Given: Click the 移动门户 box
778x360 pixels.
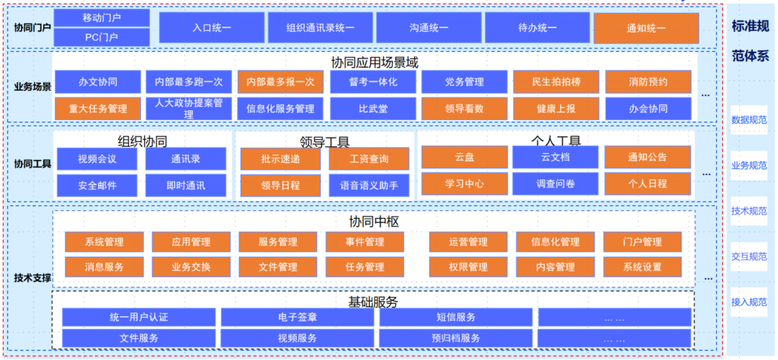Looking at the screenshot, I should click(x=102, y=17).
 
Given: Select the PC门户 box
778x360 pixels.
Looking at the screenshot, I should click(x=102, y=37).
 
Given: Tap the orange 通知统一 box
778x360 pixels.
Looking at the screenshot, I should click(x=646, y=28).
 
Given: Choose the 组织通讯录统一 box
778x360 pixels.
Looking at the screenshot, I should click(x=321, y=28).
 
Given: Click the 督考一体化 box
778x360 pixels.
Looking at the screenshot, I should click(x=373, y=82).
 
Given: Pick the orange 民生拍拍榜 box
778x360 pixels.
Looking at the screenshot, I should click(x=555, y=82).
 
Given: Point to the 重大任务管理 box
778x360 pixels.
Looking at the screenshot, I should click(x=98, y=109).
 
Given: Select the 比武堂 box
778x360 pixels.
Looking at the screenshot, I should click(x=373, y=109).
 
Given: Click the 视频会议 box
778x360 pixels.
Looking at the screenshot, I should click(x=97, y=158).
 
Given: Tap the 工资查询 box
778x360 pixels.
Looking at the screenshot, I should click(x=369, y=158).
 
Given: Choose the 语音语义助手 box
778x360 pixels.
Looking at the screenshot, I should click(x=369, y=185).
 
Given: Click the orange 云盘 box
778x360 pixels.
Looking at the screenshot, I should click(x=465, y=157).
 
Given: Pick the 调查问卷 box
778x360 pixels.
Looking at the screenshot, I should click(x=555, y=184).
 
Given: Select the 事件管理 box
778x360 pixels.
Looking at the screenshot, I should click(x=365, y=241).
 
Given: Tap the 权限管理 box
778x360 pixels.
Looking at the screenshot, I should click(x=468, y=267).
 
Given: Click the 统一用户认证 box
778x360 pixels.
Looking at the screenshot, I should click(x=139, y=317).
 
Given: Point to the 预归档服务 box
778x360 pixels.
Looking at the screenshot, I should click(x=455, y=338).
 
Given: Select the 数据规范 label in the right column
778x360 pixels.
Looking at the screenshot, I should click(x=749, y=120).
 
